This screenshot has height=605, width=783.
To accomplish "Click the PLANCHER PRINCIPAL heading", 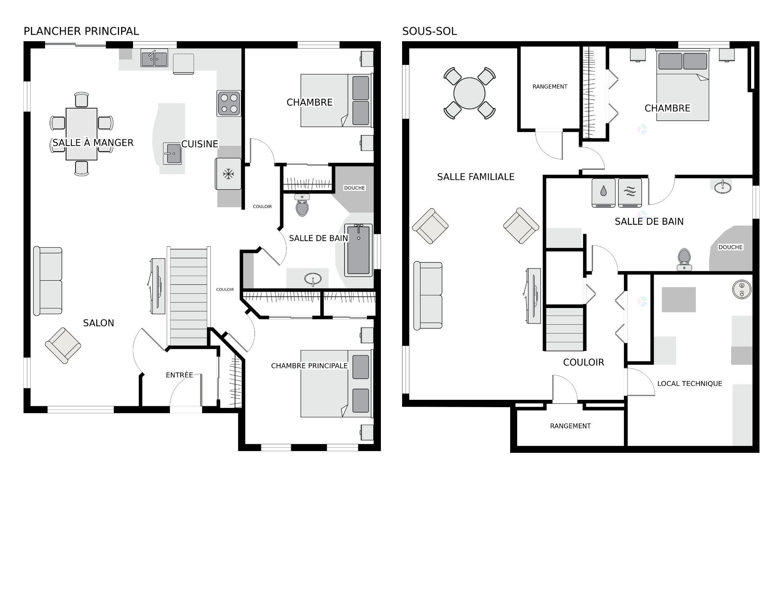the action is coord(81,31).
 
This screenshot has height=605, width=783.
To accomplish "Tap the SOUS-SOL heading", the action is coord(429,31).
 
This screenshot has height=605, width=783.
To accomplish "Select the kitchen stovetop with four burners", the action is coord(229,103).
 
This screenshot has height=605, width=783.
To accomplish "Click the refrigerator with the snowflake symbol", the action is coord(228,174).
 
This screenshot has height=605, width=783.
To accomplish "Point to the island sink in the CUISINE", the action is coord(172,153).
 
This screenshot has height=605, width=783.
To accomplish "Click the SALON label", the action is coord(99,323).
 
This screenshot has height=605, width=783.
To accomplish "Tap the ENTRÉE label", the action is coord(179,375).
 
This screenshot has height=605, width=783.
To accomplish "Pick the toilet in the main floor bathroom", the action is coord(302,205).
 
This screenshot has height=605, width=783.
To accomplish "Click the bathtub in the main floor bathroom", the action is coord(358,250).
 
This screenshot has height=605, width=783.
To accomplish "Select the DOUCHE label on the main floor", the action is coord(354,188).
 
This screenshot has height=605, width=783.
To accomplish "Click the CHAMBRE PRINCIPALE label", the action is coord(310,366).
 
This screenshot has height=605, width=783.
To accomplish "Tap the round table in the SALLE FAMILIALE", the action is coord(469,93).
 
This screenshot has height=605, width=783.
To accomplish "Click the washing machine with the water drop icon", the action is coord(604,193).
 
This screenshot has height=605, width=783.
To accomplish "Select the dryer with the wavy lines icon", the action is coord(630,193).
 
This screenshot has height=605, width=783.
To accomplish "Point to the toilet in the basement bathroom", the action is coord(684,259).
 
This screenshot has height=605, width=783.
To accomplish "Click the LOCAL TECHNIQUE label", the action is coord(690,383).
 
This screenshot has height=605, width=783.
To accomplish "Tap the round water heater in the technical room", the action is coord(742,290).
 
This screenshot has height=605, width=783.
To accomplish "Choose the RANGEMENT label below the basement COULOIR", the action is coord(570,426).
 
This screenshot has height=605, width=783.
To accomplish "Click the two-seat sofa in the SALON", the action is coord(48,281).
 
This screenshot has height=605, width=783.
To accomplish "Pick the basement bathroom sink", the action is coord(723,187).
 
